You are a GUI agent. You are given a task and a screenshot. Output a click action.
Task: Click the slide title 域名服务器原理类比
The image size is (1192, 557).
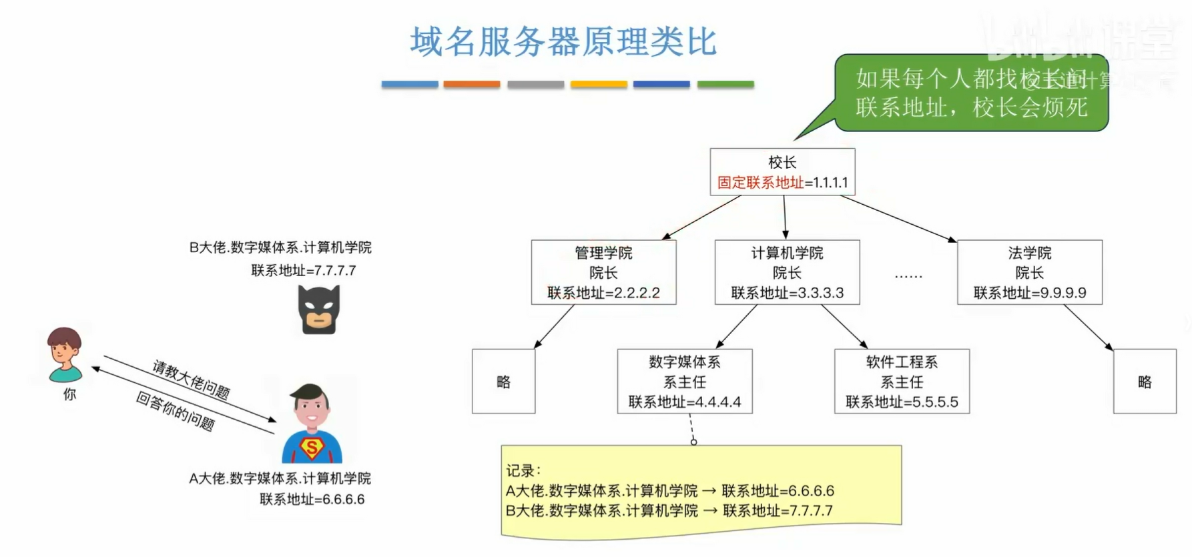pos(563,41)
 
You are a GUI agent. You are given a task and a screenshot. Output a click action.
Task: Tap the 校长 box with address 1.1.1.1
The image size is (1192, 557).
pos(782,172)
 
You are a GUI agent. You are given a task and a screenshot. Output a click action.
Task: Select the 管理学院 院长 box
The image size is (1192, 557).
pos(603,272)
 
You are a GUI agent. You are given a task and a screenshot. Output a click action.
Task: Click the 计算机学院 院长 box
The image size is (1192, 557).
pos(787,272)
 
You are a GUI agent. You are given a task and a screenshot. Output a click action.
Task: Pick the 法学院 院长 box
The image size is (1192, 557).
pos(1029,272)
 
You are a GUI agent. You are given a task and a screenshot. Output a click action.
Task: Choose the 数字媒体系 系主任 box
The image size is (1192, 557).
pos(685,382)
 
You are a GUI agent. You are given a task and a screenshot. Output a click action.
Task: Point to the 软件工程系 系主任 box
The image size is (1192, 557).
pos(902,382)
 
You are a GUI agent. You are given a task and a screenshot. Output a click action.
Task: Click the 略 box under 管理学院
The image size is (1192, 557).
pos(503,382)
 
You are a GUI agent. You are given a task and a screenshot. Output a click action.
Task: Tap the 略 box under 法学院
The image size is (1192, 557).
pos(1145,382)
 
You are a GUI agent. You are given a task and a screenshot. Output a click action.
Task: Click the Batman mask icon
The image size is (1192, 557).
pos(319,310)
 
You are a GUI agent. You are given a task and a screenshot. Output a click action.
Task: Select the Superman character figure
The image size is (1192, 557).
pos(312,424)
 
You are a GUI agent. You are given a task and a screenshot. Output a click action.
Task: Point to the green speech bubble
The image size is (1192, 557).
pos(971,93)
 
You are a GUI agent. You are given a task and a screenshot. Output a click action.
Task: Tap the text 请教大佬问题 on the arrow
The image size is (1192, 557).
pos(191,379)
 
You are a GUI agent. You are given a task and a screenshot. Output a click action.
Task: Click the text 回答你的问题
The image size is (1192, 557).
pos(176,412)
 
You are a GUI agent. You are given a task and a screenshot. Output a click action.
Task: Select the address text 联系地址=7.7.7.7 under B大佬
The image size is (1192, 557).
pos(304,271)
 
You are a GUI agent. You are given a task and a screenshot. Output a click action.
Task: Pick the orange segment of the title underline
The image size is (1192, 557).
pos(472,84)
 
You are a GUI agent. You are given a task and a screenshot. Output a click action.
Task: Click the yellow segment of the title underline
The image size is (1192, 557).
pos(599,84)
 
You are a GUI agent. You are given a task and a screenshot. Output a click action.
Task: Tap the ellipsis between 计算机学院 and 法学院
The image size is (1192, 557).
pos(908,274)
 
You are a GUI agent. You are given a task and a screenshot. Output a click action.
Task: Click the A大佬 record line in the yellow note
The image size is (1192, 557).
pos(669,491)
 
